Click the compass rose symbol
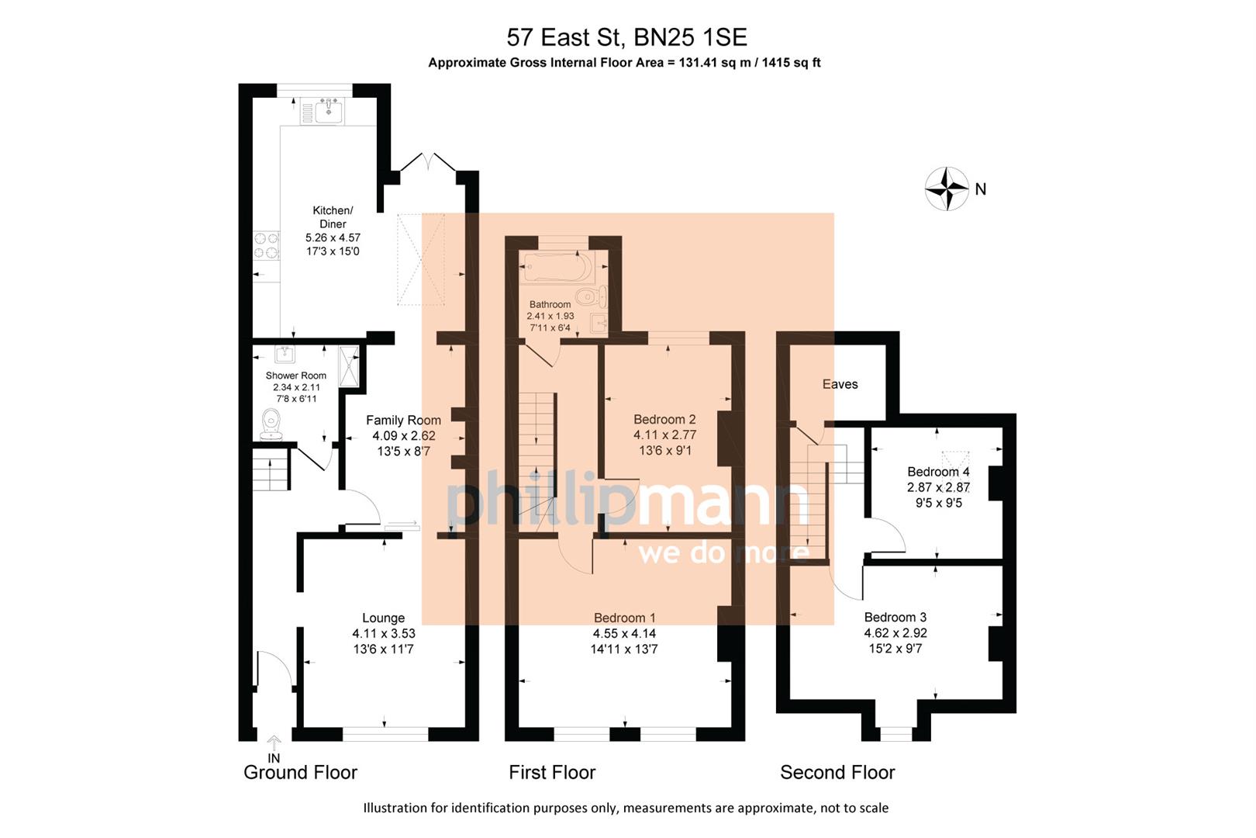coord(947,189)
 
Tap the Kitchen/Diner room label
coord(333,217)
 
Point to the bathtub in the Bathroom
coord(557,268)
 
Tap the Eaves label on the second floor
coord(840,384)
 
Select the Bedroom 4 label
coord(938,472)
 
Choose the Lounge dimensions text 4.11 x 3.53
coord(383,633)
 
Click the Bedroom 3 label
coord(895,617)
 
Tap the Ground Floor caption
coord(300,772)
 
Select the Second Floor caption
coord(837,772)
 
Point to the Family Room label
coord(403,420)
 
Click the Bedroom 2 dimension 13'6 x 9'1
coord(664,450)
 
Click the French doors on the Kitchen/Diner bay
coord(427,164)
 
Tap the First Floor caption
coord(552,772)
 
